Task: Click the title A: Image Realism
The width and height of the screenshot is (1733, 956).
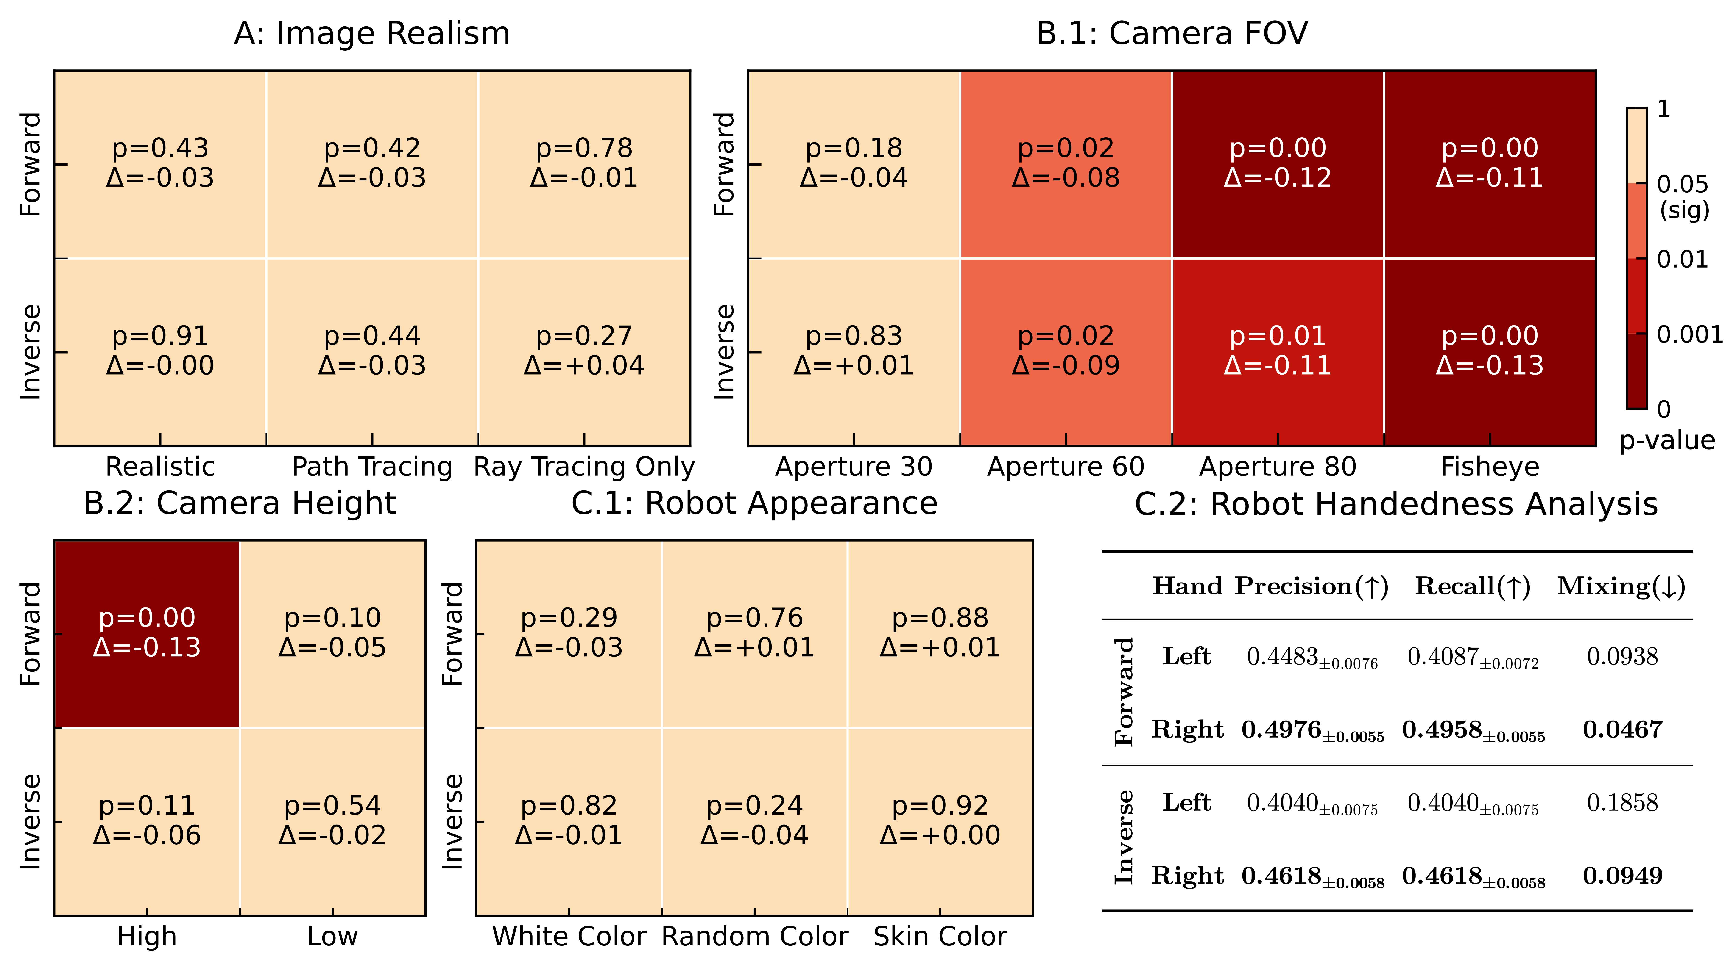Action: (372, 34)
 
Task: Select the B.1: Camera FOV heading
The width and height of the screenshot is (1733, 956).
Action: (1172, 34)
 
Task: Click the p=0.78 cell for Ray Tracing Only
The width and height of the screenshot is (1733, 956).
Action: (584, 163)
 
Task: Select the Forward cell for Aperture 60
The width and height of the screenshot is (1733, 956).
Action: (1066, 163)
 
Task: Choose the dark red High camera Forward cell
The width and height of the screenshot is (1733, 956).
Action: (147, 633)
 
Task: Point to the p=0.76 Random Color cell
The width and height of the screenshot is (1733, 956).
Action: (754, 633)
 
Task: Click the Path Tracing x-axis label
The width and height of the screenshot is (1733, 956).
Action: (372, 467)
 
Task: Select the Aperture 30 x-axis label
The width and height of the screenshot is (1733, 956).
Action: (854, 467)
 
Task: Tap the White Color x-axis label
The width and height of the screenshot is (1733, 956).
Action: (569, 936)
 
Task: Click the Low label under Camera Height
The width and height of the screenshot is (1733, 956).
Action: (332, 936)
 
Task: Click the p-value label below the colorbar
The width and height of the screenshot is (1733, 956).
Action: (1667, 440)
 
